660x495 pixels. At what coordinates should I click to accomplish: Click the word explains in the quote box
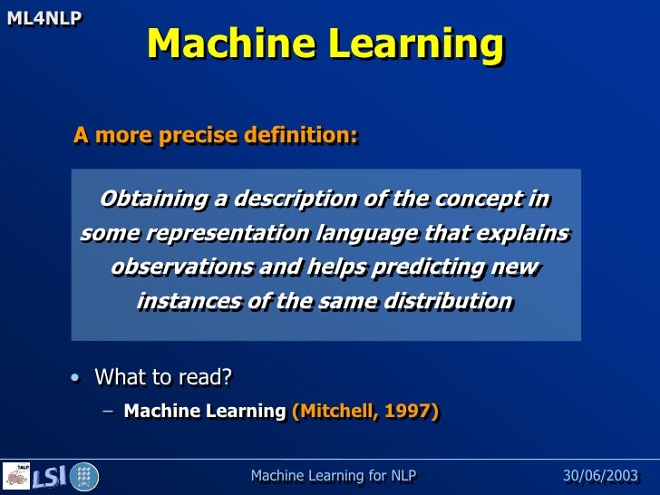coord(524,233)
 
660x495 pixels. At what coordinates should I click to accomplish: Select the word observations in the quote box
coord(182,267)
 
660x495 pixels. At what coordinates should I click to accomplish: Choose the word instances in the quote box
coord(178,301)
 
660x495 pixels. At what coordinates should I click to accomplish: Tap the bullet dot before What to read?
coord(74,377)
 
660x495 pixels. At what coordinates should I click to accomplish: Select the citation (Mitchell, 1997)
coord(365,412)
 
